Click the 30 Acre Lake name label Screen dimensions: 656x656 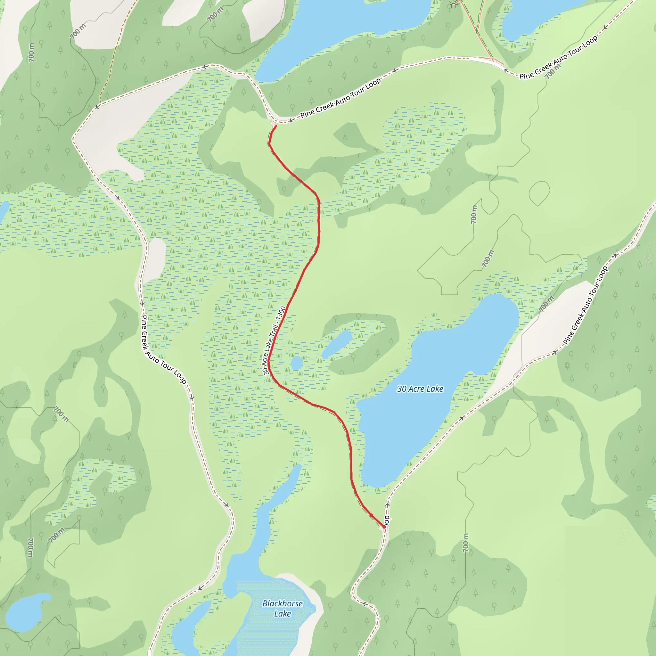420,389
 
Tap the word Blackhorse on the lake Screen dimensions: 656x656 283,603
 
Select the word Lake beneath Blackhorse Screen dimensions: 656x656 283,613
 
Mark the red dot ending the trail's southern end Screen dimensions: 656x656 384,527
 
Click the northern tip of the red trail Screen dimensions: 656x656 276,126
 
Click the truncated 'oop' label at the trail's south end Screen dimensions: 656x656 387,520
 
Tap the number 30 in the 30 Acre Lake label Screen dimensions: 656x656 402,389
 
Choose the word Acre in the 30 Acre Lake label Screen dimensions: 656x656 416,389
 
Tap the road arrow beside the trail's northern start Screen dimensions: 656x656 291,120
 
